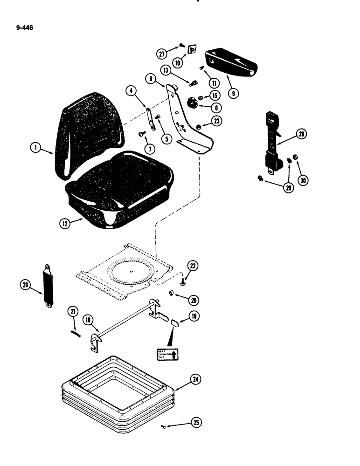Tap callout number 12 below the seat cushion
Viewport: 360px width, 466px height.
(64, 223)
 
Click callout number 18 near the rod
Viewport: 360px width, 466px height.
(88, 319)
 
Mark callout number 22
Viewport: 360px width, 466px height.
(193, 266)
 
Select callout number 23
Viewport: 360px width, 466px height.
(217, 120)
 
